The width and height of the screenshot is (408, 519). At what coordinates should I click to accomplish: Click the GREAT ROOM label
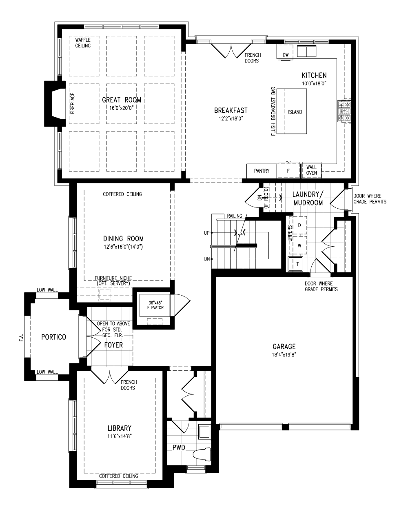click(122, 100)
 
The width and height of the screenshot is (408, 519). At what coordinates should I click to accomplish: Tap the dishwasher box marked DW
click(285, 52)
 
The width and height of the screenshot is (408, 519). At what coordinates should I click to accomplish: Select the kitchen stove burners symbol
click(344, 111)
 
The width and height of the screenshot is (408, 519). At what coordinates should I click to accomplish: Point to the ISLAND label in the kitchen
click(295, 112)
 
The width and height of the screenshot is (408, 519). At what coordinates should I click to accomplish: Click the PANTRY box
click(262, 171)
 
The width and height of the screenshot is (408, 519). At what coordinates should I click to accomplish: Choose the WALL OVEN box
click(312, 170)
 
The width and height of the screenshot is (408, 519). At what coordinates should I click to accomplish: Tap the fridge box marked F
click(288, 170)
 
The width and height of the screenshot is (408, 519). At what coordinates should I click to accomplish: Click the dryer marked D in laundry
click(299, 225)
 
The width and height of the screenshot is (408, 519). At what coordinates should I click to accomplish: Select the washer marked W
click(299, 245)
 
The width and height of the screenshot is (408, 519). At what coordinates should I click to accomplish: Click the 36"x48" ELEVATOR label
click(155, 305)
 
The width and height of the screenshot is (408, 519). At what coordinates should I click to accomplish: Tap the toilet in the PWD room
click(202, 454)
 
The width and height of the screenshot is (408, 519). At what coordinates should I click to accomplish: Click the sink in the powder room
click(204, 432)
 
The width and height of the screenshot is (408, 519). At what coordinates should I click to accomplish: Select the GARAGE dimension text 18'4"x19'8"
click(284, 354)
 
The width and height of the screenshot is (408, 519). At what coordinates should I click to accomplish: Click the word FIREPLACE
click(73, 103)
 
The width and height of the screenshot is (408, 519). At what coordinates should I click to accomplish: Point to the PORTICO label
click(54, 337)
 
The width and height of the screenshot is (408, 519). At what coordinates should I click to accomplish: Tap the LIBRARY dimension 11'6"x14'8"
click(120, 436)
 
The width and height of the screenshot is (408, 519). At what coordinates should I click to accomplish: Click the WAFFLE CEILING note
click(83, 43)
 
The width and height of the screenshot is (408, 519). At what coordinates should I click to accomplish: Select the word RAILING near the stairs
click(235, 216)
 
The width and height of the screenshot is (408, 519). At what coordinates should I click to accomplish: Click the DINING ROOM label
click(123, 239)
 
